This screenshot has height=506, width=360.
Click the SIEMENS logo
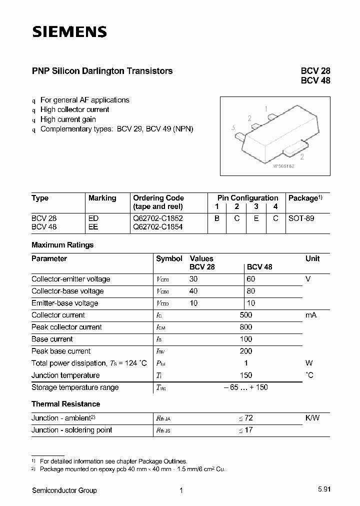(69, 32)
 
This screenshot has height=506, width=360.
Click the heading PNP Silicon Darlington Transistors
(102, 71)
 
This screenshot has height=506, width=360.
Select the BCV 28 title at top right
(315, 71)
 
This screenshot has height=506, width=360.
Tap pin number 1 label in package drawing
(266, 108)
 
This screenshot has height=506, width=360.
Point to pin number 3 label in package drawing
(233, 128)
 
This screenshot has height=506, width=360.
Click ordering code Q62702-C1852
(157, 218)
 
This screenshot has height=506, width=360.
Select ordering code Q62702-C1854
(157, 226)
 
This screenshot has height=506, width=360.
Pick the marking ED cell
(93, 218)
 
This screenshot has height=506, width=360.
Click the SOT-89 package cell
(301, 218)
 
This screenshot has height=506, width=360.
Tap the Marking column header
(102, 198)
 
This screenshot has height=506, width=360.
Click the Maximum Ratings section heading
(62, 245)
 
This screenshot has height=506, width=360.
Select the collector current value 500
(246, 315)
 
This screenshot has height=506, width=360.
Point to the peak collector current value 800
(246, 327)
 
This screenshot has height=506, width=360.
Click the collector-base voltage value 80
(251, 291)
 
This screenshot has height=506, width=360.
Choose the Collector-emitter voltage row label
(70, 279)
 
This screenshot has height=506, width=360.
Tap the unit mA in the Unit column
(311, 315)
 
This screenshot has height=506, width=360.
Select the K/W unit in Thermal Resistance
(312, 418)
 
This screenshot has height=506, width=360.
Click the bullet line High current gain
(68, 119)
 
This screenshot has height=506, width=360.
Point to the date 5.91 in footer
(323, 490)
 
